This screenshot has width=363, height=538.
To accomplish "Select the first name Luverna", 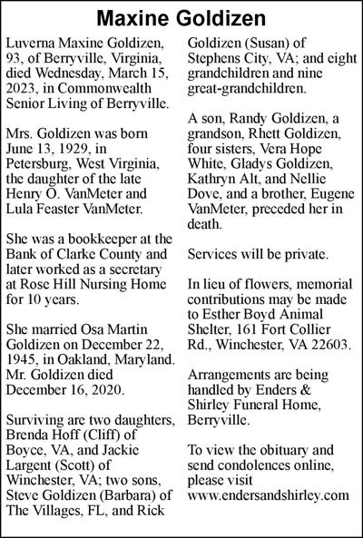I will (33, 44).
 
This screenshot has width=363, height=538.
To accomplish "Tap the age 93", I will (17, 61).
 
